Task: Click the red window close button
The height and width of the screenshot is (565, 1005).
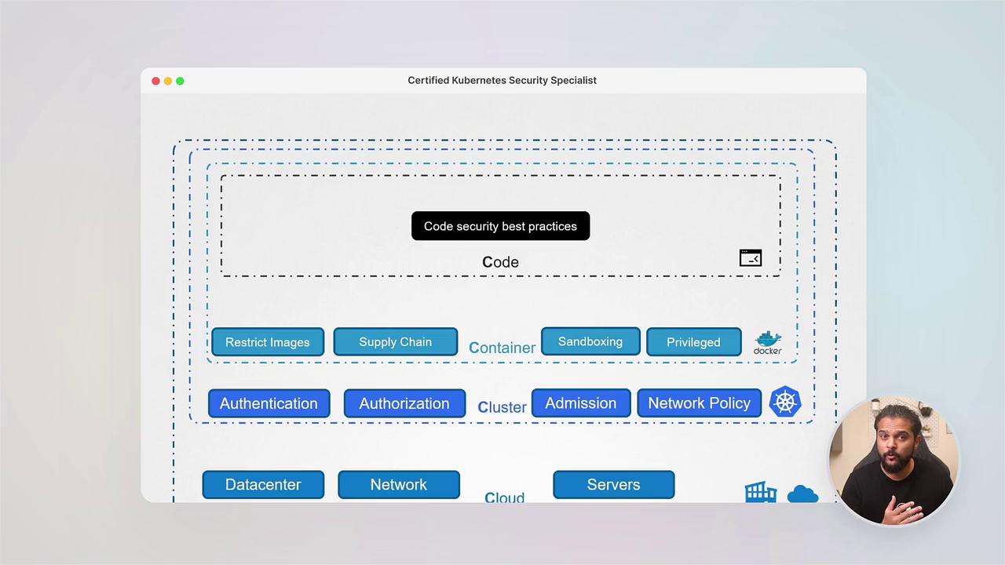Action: tap(156, 81)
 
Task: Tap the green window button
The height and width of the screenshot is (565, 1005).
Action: tap(180, 81)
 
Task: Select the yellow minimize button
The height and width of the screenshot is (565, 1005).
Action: tap(168, 81)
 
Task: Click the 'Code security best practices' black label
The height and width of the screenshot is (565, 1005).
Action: tap(500, 226)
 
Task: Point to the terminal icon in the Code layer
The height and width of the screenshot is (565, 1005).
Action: tap(751, 258)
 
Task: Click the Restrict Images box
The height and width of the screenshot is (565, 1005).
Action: tap(268, 342)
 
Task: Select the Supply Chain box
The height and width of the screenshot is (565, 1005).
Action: tap(395, 342)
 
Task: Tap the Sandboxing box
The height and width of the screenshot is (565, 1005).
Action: tap(590, 341)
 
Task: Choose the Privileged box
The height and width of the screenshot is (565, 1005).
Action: tap(693, 342)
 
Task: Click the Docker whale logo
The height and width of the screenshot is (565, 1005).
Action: tap(768, 342)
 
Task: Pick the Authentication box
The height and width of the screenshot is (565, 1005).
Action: tap(269, 403)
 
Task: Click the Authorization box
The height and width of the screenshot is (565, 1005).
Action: tap(404, 403)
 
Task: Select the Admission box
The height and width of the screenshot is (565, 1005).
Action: tap(581, 403)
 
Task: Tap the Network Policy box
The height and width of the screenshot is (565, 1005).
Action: tap(699, 403)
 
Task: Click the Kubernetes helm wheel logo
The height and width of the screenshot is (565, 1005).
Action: tap(785, 403)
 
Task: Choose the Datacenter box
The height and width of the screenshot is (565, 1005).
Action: tap(263, 484)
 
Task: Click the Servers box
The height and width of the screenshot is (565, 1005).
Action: tap(613, 484)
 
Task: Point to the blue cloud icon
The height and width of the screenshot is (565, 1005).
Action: tap(802, 494)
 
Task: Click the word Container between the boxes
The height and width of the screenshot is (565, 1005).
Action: tap(502, 348)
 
